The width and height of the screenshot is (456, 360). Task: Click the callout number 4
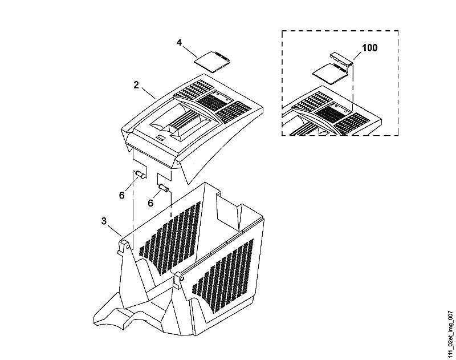tap(179, 42)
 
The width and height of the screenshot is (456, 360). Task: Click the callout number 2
tap(136, 85)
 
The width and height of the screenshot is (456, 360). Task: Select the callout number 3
tap(104, 221)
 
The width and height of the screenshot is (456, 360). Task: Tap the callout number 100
tap(369, 48)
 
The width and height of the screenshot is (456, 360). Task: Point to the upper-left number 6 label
tap(121, 195)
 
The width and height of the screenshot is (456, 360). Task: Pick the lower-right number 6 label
tap(150, 203)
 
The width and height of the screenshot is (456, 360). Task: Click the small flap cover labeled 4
tap(213, 61)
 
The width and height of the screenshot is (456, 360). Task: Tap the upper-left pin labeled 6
tap(141, 175)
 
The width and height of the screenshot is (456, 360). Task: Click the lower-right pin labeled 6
tap(164, 188)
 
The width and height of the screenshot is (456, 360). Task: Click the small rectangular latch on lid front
tap(160, 137)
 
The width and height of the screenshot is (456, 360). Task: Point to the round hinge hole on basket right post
tap(182, 279)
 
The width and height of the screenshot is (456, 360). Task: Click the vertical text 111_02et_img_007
tap(450, 334)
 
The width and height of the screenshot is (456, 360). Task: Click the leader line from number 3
tap(115, 230)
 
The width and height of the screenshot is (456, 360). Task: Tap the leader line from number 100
tap(357, 56)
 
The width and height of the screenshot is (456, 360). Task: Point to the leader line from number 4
tap(190, 52)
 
